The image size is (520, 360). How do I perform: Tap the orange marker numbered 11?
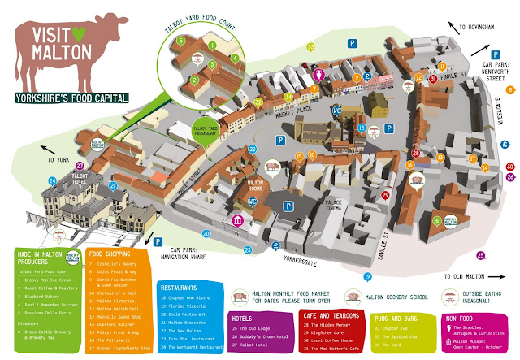(441, 65)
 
